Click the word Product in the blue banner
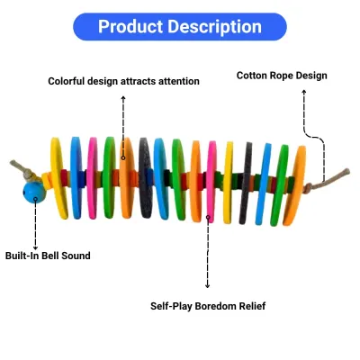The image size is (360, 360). pyautogui.click(x=130, y=26)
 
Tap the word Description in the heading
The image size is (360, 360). pyautogui.click(x=215, y=27)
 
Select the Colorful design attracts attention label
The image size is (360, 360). pyautogui.click(x=123, y=81)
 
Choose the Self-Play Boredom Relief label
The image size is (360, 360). pyautogui.click(x=208, y=306)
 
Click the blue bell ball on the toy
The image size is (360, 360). pyautogui.click(x=34, y=193)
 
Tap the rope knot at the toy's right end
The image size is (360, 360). pyautogui.click(x=308, y=188)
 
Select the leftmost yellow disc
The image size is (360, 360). pyautogui.click(x=58, y=178)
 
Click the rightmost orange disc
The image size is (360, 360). pyautogui.click(x=294, y=185)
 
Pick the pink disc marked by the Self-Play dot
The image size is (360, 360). pyautogui.click(x=211, y=182)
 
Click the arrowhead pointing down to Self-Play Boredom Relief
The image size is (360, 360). pyautogui.click(x=207, y=286)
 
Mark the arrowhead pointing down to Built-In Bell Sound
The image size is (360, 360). pyautogui.click(x=35, y=247)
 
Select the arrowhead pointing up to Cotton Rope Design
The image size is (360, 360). pyautogui.click(x=304, y=92)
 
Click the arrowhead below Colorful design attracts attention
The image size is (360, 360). pyautogui.click(x=123, y=98)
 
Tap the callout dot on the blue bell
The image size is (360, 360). pyautogui.click(x=35, y=198)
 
